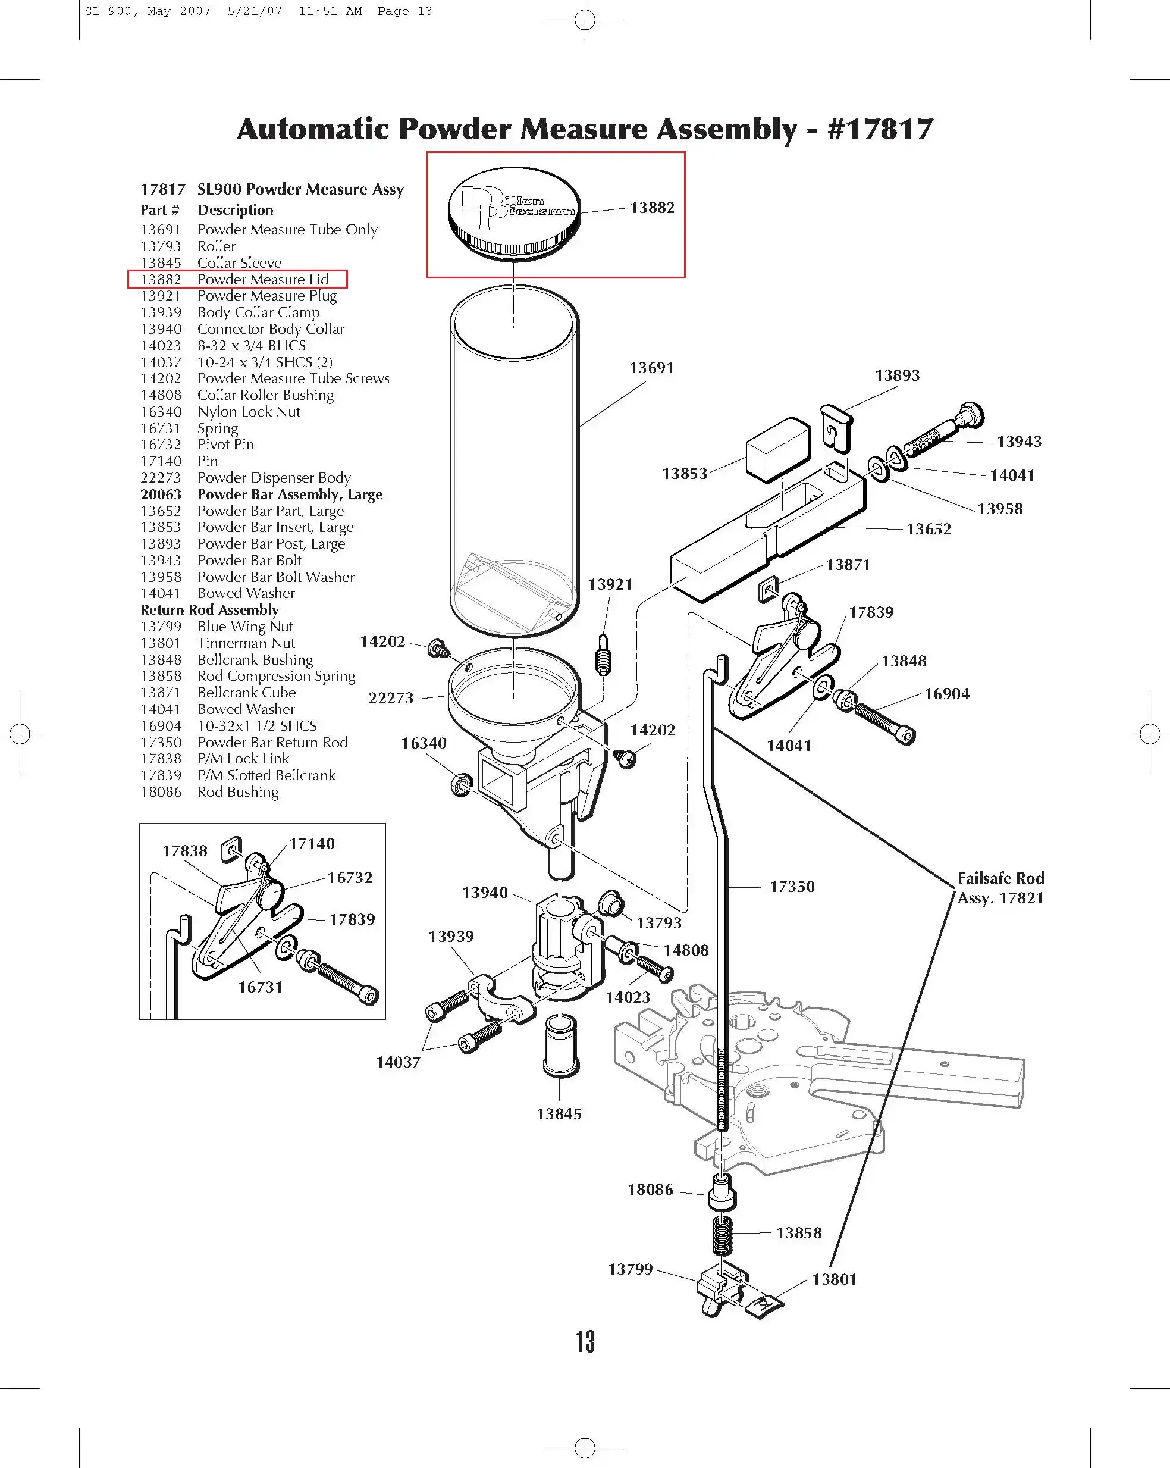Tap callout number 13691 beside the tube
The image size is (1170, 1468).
[x=651, y=368]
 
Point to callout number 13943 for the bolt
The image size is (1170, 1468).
[x=1019, y=441]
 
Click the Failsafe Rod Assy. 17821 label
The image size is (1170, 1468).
[x=1000, y=888]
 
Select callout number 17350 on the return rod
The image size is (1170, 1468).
[x=792, y=887]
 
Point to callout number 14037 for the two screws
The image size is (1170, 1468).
[x=398, y=1062]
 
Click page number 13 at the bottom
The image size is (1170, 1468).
[x=585, y=1342]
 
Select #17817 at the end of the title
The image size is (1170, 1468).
[x=880, y=129]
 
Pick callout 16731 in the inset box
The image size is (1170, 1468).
[x=260, y=987]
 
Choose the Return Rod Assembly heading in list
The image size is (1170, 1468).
[x=209, y=610]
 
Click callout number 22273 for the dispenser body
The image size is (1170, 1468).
[x=391, y=698]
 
